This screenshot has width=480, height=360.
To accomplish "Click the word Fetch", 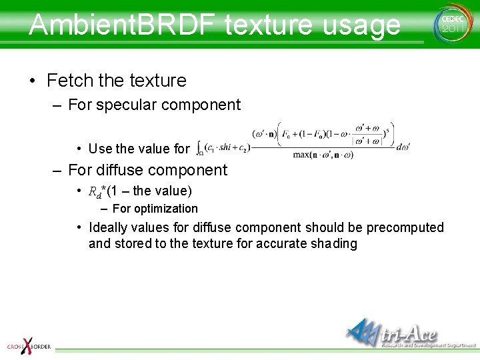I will click(69, 81).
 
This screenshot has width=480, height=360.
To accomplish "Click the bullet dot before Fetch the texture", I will click(33, 81).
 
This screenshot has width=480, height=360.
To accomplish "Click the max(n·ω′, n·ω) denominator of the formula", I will click(323, 155).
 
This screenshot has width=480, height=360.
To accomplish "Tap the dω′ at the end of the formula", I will click(403, 147).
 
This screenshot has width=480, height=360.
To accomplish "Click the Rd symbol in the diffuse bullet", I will click(95, 192).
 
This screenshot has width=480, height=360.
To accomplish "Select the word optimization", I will click(167, 209).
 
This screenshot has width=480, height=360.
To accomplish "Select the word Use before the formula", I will click(101, 149).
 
